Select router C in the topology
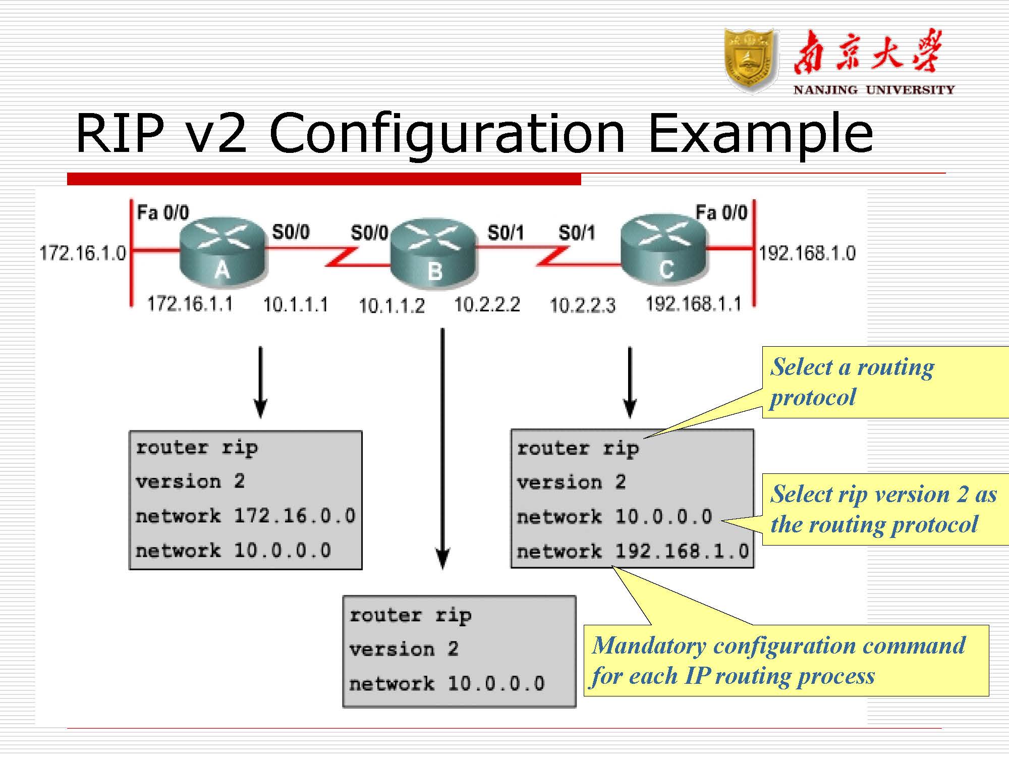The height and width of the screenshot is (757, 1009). [663, 251]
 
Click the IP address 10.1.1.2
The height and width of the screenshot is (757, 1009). [391, 306]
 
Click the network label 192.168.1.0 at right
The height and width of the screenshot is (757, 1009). [807, 253]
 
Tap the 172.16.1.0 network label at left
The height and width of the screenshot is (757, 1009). [83, 253]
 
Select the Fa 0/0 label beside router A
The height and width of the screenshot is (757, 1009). [163, 212]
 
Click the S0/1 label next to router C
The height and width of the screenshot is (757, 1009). [576, 233]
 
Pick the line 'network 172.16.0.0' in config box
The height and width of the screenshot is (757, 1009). [246, 516]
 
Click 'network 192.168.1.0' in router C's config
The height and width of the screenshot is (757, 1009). [633, 551]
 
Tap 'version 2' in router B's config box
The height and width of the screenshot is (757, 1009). [404, 649]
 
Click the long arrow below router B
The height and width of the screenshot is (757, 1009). [442, 449]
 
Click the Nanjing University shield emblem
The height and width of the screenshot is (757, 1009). [749, 61]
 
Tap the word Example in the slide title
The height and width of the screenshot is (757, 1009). [760, 134]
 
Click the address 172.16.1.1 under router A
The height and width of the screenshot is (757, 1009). [190, 304]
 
